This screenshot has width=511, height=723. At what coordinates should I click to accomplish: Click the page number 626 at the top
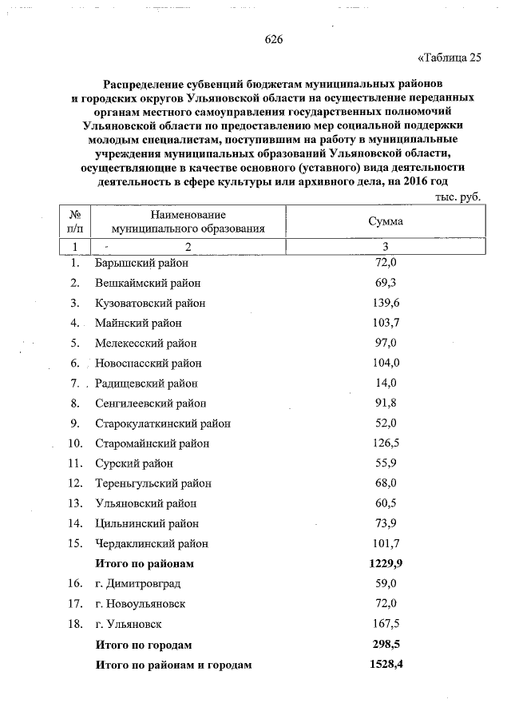point(274,40)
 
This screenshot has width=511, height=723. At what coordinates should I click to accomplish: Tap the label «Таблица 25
point(450,58)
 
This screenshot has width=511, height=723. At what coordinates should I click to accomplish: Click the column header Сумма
point(386,221)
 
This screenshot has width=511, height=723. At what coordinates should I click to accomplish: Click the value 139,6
point(386,304)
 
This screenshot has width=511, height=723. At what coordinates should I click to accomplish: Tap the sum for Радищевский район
point(386,383)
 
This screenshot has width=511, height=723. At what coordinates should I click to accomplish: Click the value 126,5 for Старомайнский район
point(386,443)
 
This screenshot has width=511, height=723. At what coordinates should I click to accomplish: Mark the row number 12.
point(76,483)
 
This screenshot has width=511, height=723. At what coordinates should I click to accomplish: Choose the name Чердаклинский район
point(152,543)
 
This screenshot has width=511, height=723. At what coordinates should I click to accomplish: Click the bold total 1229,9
point(385,563)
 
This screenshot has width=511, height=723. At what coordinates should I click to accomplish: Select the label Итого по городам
point(144,644)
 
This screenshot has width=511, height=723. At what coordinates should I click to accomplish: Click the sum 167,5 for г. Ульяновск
point(386,624)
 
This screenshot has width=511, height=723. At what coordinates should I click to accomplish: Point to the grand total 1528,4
point(385,664)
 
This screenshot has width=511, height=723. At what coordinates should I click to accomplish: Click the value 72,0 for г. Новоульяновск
point(386,604)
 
